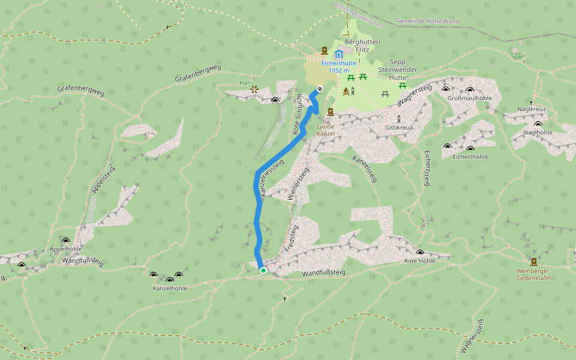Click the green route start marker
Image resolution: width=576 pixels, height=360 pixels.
pos(263,271)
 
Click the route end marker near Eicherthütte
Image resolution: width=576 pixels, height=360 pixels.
pos(320,89)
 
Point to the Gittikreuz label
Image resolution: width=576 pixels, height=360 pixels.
pos(399,128)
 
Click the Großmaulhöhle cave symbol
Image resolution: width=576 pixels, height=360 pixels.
pos(446,89)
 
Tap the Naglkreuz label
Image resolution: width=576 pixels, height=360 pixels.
pos(532,109)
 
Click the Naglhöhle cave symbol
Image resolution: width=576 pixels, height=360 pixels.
pos(538,124)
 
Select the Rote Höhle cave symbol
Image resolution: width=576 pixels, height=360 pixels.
pos(419,253)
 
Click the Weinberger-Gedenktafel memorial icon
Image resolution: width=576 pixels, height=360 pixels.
pos(533,262)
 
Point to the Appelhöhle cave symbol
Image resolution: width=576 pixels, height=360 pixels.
pos(65,241)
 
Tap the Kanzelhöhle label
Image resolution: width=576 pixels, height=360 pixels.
pos(170,288)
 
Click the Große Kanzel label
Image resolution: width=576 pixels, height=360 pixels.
pos(326,130)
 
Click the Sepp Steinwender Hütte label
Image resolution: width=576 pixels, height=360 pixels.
pos(398,70)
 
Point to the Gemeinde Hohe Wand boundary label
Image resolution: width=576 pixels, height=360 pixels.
pos(427,21)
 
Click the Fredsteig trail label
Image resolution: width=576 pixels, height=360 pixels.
pos(290,239)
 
